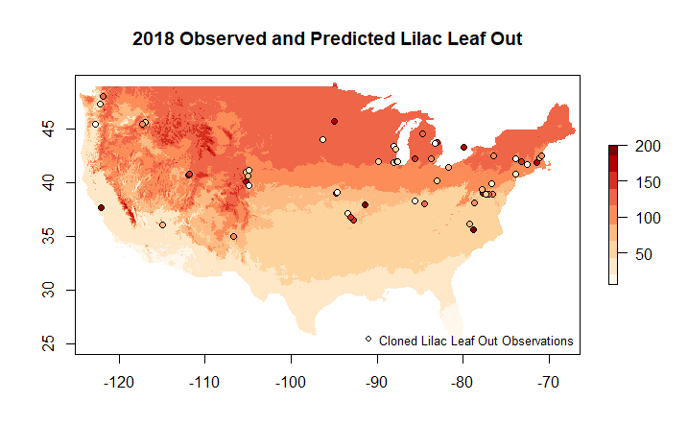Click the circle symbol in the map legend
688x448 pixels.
[368, 339]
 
